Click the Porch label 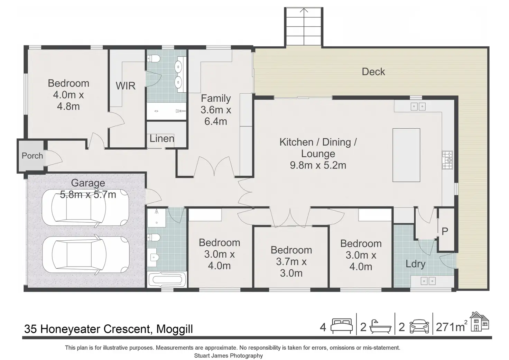click(32, 156)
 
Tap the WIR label click(126, 86)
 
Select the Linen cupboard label click(162, 139)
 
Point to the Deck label click(373, 72)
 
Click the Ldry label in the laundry click(415, 264)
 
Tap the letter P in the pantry click(445, 231)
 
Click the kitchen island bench click(406, 155)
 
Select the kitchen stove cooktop click(447, 160)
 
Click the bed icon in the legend click(342, 326)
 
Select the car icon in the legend click(419, 326)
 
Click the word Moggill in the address click(175, 329)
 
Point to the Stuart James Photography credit click(228, 356)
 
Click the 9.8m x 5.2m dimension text click(318, 165)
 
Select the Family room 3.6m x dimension click(216, 110)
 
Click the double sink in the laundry click(428, 281)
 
